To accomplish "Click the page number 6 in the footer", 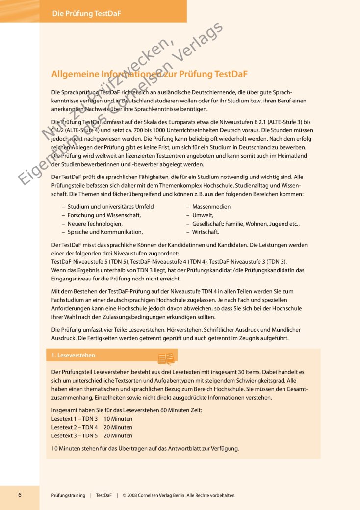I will pyautogui.click(x=20, y=495).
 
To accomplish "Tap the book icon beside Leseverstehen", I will pyautogui.click(x=166, y=358).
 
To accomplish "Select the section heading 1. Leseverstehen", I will pyautogui.click(x=74, y=355).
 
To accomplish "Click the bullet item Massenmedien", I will pyautogui.click(x=212, y=207).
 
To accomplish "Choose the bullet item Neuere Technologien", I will pyautogui.click(x=95, y=224).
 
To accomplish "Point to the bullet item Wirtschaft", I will pyautogui.click(x=206, y=232).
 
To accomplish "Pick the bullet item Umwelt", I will pyautogui.click(x=203, y=215).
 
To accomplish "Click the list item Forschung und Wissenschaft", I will pyautogui.click(x=104, y=215).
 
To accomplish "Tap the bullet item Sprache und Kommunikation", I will pyautogui.click(x=105, y=232).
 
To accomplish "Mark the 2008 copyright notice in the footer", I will pyautogui.click(x=179, y=495).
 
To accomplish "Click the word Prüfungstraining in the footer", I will pyautogui.click(x=68, y=495).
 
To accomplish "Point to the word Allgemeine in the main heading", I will pyautogui.click(x=75, y=75).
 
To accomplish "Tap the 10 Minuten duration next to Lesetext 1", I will pyautogui.click(x=118, y=419).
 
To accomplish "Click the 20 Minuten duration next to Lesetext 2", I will pyautogui.click(x=118, y=427).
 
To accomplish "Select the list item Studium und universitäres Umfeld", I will pyautogui.click(x=111, y=207).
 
